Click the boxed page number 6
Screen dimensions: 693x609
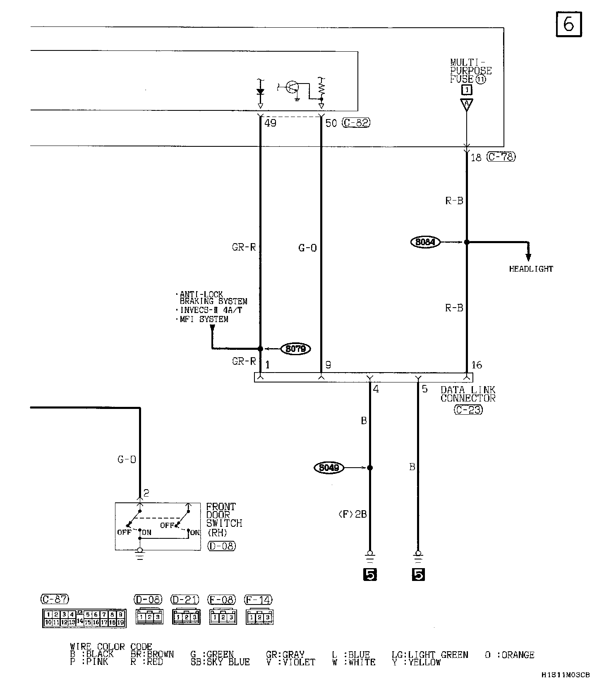[568, 24]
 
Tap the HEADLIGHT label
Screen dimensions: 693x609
[531, 269]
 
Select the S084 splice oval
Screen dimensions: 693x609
[425, 242]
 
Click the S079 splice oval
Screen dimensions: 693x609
[296, 349]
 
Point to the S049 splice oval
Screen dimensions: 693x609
[329, 468]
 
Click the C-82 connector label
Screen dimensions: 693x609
[356, 123]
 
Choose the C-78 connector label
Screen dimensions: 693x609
[501, 157]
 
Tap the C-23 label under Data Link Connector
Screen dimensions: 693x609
[468, 410]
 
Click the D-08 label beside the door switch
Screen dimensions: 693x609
[221, 546]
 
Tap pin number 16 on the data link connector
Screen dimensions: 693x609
[477, 365]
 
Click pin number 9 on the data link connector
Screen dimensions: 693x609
[328, 365]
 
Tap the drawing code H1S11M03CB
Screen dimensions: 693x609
[566, 675]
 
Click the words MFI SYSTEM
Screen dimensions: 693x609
[204, 319]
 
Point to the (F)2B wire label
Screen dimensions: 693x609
[352, 514]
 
